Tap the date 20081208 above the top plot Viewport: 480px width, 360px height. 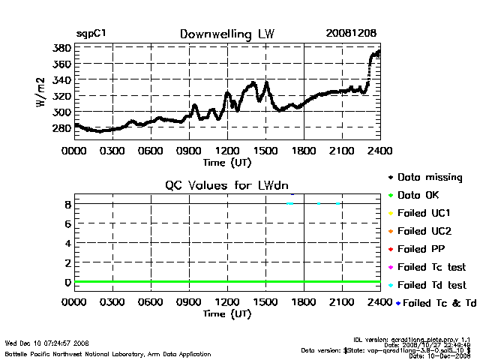click(351, 34)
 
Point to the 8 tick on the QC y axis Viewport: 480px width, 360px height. click(67, 204)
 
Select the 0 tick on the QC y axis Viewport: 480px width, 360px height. click(67, 282)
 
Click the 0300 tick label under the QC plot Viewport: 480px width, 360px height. click(112, 304)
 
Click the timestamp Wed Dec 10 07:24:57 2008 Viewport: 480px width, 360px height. click(46, 343)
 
